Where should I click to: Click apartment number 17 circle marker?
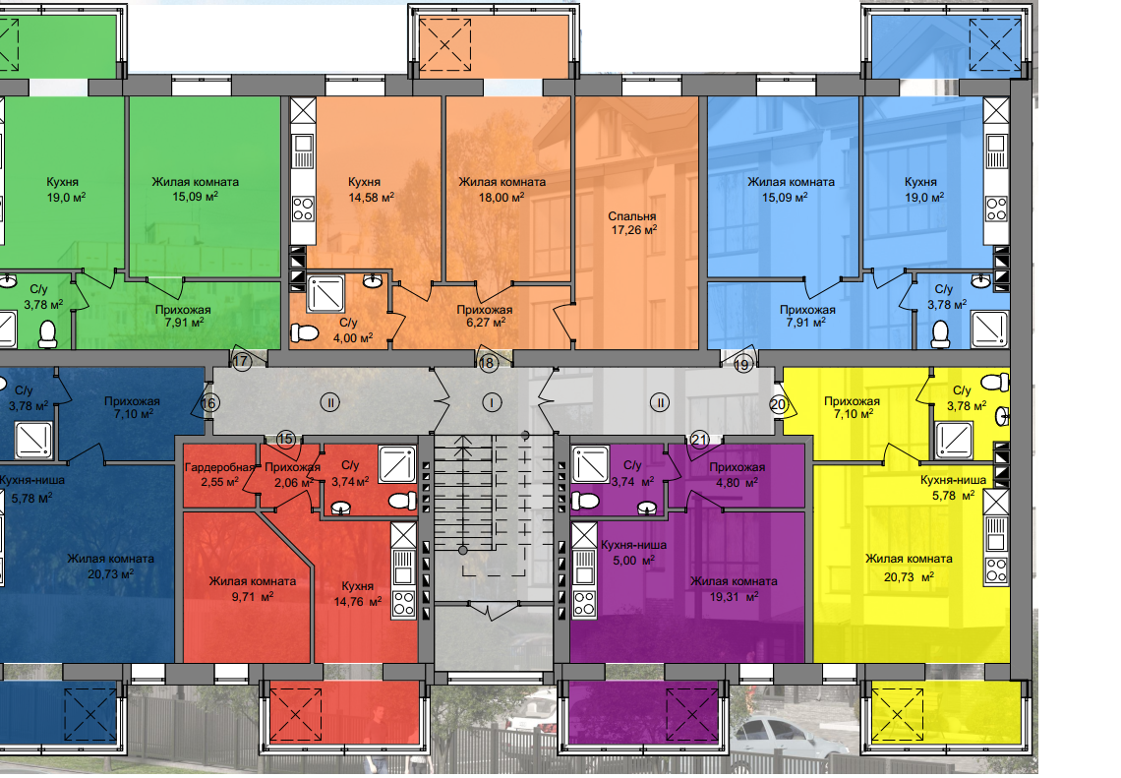242,361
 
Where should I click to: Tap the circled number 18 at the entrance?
488,363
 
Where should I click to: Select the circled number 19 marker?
742,365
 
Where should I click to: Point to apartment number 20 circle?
778,404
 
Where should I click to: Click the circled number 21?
699,439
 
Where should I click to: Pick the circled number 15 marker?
285,439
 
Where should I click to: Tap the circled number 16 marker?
208,403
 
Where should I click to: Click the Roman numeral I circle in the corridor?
492,402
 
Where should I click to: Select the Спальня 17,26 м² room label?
632,222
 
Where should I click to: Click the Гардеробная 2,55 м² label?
218,474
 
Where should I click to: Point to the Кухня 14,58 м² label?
371,190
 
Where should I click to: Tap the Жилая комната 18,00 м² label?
501,190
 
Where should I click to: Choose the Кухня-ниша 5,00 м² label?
633,552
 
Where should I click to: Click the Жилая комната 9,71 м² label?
253,588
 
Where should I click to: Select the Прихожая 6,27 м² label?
485,316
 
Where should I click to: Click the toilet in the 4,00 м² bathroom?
305,333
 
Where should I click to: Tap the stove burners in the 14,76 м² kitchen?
403,604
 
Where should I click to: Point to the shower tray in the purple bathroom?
590,463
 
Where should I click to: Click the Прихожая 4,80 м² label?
737,474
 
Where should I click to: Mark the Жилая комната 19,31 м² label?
734,588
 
